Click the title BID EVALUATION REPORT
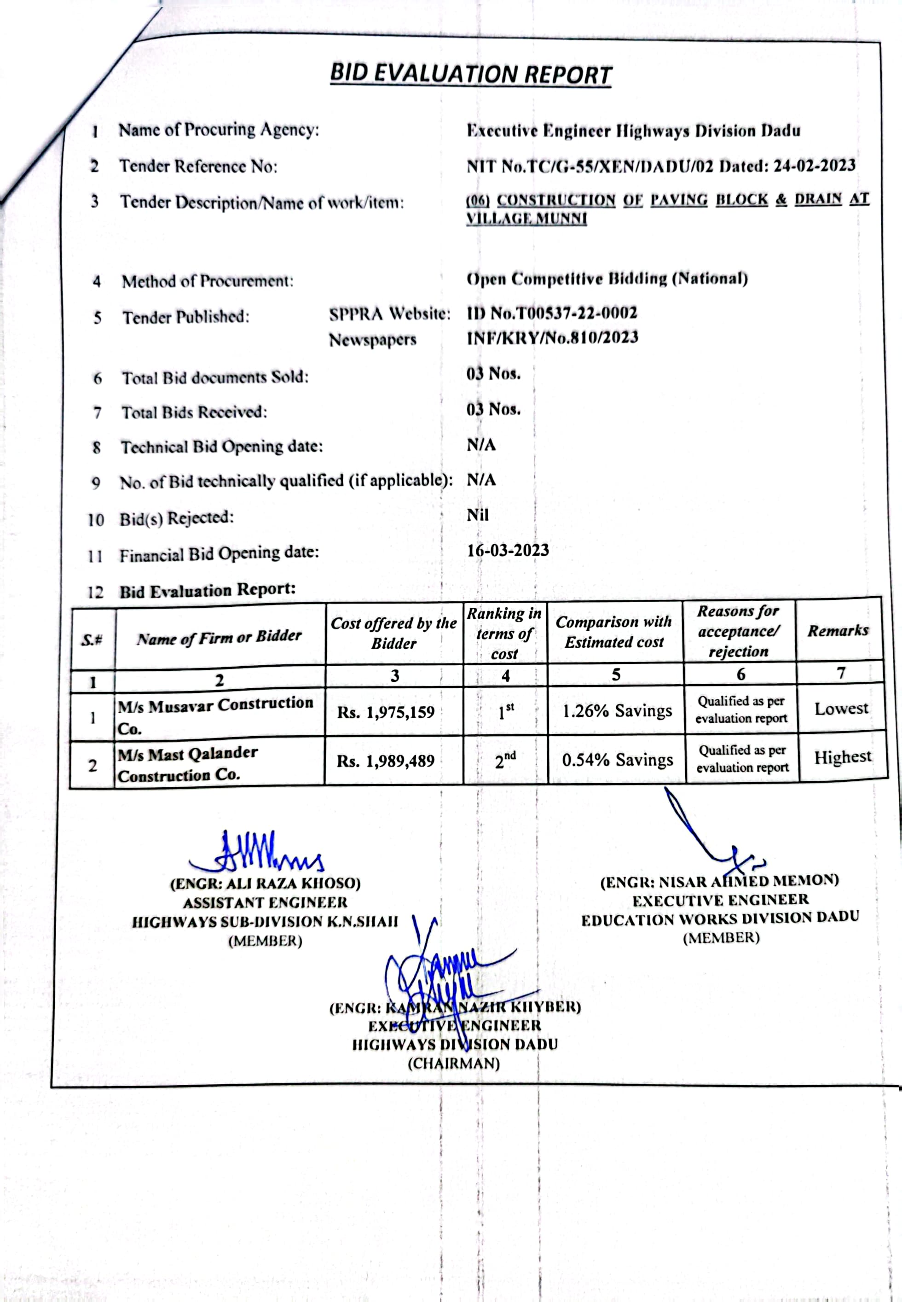click(470, 74)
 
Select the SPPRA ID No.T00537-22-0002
click(552, 313)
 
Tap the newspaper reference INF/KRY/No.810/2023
click(552, 337)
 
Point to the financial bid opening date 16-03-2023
click(508, 550)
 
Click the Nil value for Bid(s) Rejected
click(478, 515)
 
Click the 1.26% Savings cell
click(617, 711)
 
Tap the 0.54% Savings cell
click(617, 760)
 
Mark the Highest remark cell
click(842, 757)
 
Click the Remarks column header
click(838, 631)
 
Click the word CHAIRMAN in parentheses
click(454, 1064)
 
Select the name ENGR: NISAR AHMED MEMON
click(719, 881)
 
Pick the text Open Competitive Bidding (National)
click(607, 279)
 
